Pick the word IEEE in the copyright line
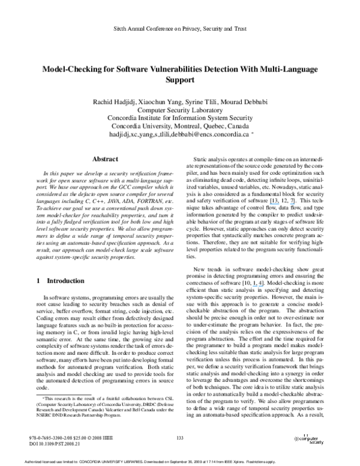tap(107, 439)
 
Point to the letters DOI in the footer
tap(33, 445)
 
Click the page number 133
tap(180, 438)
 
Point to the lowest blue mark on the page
tap(258, 286)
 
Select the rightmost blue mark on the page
tap(292, 204)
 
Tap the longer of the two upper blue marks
tap(274, 204)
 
